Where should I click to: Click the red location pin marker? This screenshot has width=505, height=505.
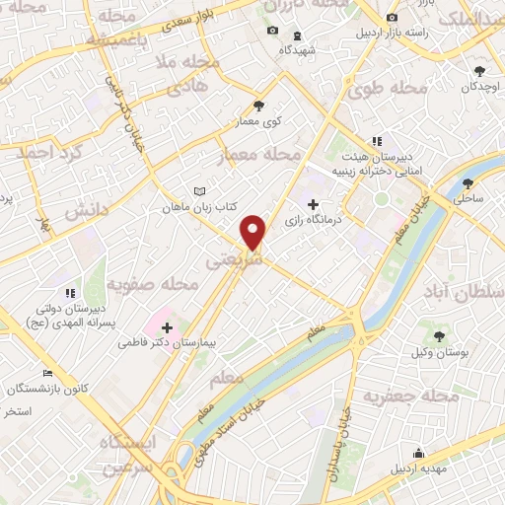pyautogui.click(x=254, y=231)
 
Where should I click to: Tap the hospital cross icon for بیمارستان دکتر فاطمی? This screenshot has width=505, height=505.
pyautogui.click(x=166, y=327)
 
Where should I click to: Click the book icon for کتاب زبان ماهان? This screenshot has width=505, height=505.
pyautogui.click(x=200, y=191)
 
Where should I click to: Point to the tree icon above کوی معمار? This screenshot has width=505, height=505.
pyautogui.click(x=259, y=106)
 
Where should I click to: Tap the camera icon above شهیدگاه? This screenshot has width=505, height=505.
pyautogui.click(x=273, y=32)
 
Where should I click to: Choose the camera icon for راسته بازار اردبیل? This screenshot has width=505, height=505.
pyautogui.click(x=393, y=18)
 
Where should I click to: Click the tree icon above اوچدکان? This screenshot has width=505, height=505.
pyautogui.click(x=480, y=71)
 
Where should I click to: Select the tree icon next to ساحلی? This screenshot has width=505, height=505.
pyautogui.click(x=468, y=183)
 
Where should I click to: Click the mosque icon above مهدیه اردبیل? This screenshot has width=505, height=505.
pyautogui.click(x=420, y=454)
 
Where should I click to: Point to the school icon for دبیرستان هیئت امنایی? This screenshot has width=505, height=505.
pyautogui.click(x=377, y=142)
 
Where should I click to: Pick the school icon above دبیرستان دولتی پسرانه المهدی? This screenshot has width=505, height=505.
pyautogui.click(x=69, y=293)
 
